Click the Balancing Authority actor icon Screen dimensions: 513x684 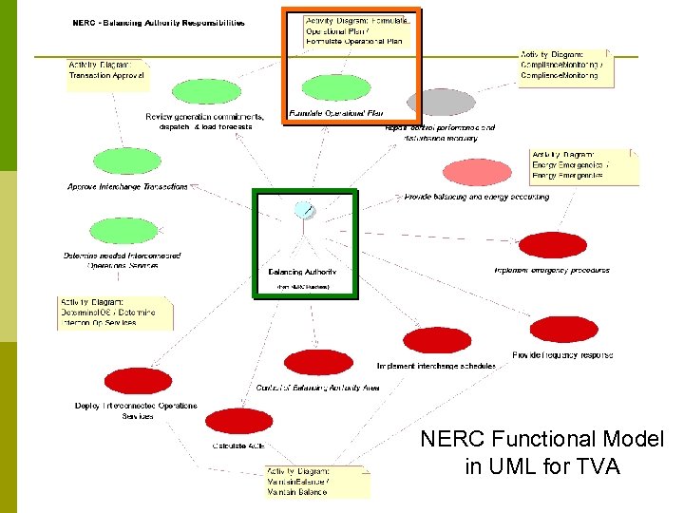coord(303,210)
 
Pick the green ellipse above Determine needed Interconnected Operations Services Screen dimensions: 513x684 coord(123,231)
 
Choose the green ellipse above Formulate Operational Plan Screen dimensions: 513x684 coord(336,88)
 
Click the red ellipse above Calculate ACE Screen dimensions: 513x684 coord(238,421)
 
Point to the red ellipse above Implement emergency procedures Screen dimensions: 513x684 coord(553,245)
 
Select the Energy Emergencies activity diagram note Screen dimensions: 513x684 coord(583,166)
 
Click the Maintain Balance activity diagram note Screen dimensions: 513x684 coord(316,482)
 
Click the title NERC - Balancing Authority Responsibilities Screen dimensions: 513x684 coord(159,23)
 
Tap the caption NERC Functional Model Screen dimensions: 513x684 coord(542,439)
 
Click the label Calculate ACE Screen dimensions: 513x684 coord(238,446)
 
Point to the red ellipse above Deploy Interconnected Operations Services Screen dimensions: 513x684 coord(137,381)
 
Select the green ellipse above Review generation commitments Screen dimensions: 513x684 coord(207,92)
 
